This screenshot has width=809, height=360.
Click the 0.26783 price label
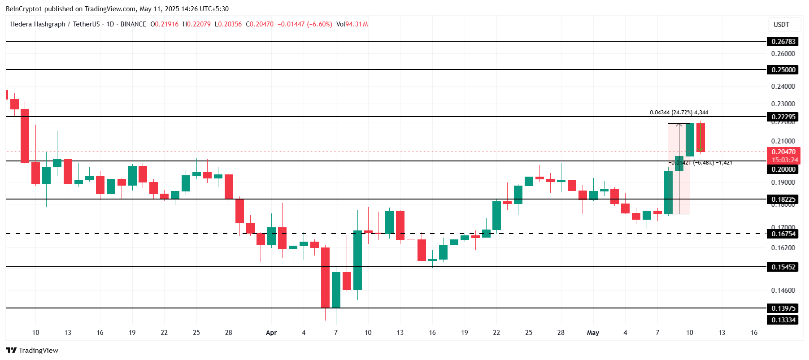coord(783,42)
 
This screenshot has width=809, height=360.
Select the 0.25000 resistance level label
coord(783,70)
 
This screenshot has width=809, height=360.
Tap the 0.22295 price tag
coord(783,117)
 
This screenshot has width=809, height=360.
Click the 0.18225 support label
coord(783,200)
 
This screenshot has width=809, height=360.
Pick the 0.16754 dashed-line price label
coord(783,234)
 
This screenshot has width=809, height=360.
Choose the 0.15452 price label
coord(783,267)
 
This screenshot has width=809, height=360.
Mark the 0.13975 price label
coord(783,308)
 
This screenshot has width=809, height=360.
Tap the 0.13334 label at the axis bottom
coord(783,320)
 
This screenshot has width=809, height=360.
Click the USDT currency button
coord(781,25)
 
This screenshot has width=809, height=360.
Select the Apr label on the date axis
coord(271,333)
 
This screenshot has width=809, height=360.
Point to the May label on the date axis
coord(593,333)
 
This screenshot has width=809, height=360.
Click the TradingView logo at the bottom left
coord(32,351)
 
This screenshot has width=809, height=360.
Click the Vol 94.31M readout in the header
coord(352,24)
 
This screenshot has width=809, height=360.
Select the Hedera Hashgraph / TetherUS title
coord(55,24)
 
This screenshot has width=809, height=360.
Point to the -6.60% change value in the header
coord(320,24)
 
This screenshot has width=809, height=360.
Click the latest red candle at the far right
coord(700,138)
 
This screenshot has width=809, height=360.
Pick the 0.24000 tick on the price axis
coord(783,87)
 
